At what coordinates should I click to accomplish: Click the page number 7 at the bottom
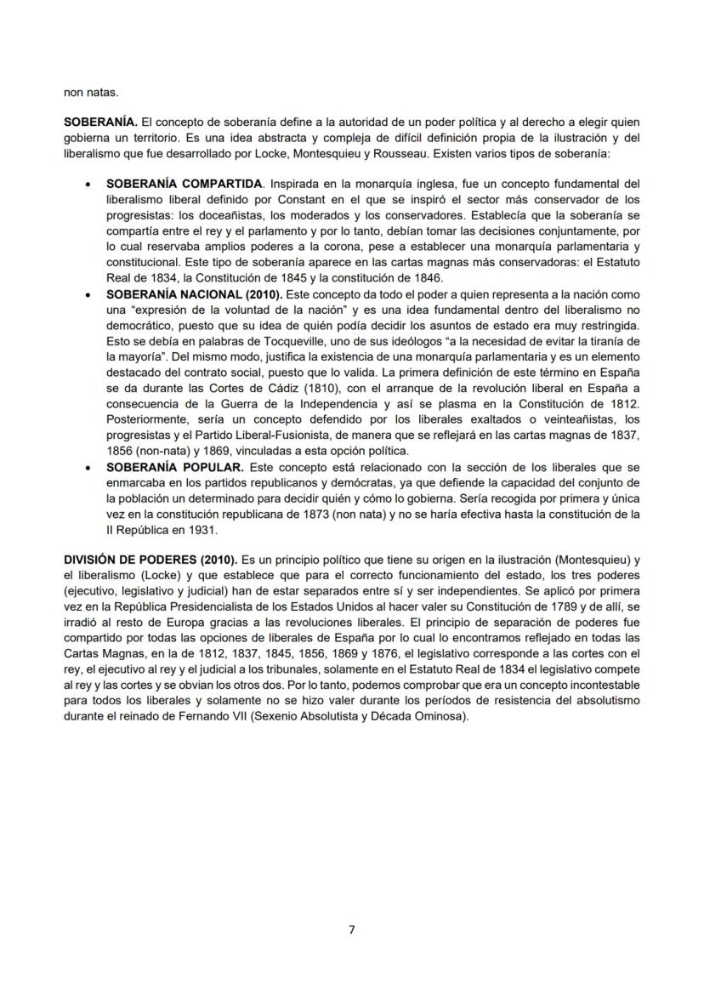[352, 930]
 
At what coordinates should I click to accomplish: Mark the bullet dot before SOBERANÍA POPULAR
[89, 469]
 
